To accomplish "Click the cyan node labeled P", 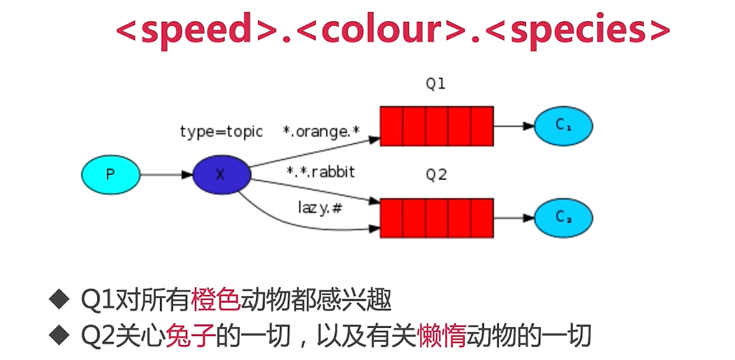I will pyautogui.click(x=110, y=175).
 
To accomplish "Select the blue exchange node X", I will pyautogui.click(x=221, y=175).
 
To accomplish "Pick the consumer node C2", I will pyautogui.click(x=563, y=218).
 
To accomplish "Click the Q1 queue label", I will pyautogui.click(x=436, y=84).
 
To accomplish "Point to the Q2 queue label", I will pyautogui.click(x=436, y=175).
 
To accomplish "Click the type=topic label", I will pyautogui.click(x=221, y=132).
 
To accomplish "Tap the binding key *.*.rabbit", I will pyautogui.click(x=321, y=172).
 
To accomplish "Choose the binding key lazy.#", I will pyautogui.click(x=319, y=208).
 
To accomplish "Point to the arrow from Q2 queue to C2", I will pyautogui.click(x=514, y=218).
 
